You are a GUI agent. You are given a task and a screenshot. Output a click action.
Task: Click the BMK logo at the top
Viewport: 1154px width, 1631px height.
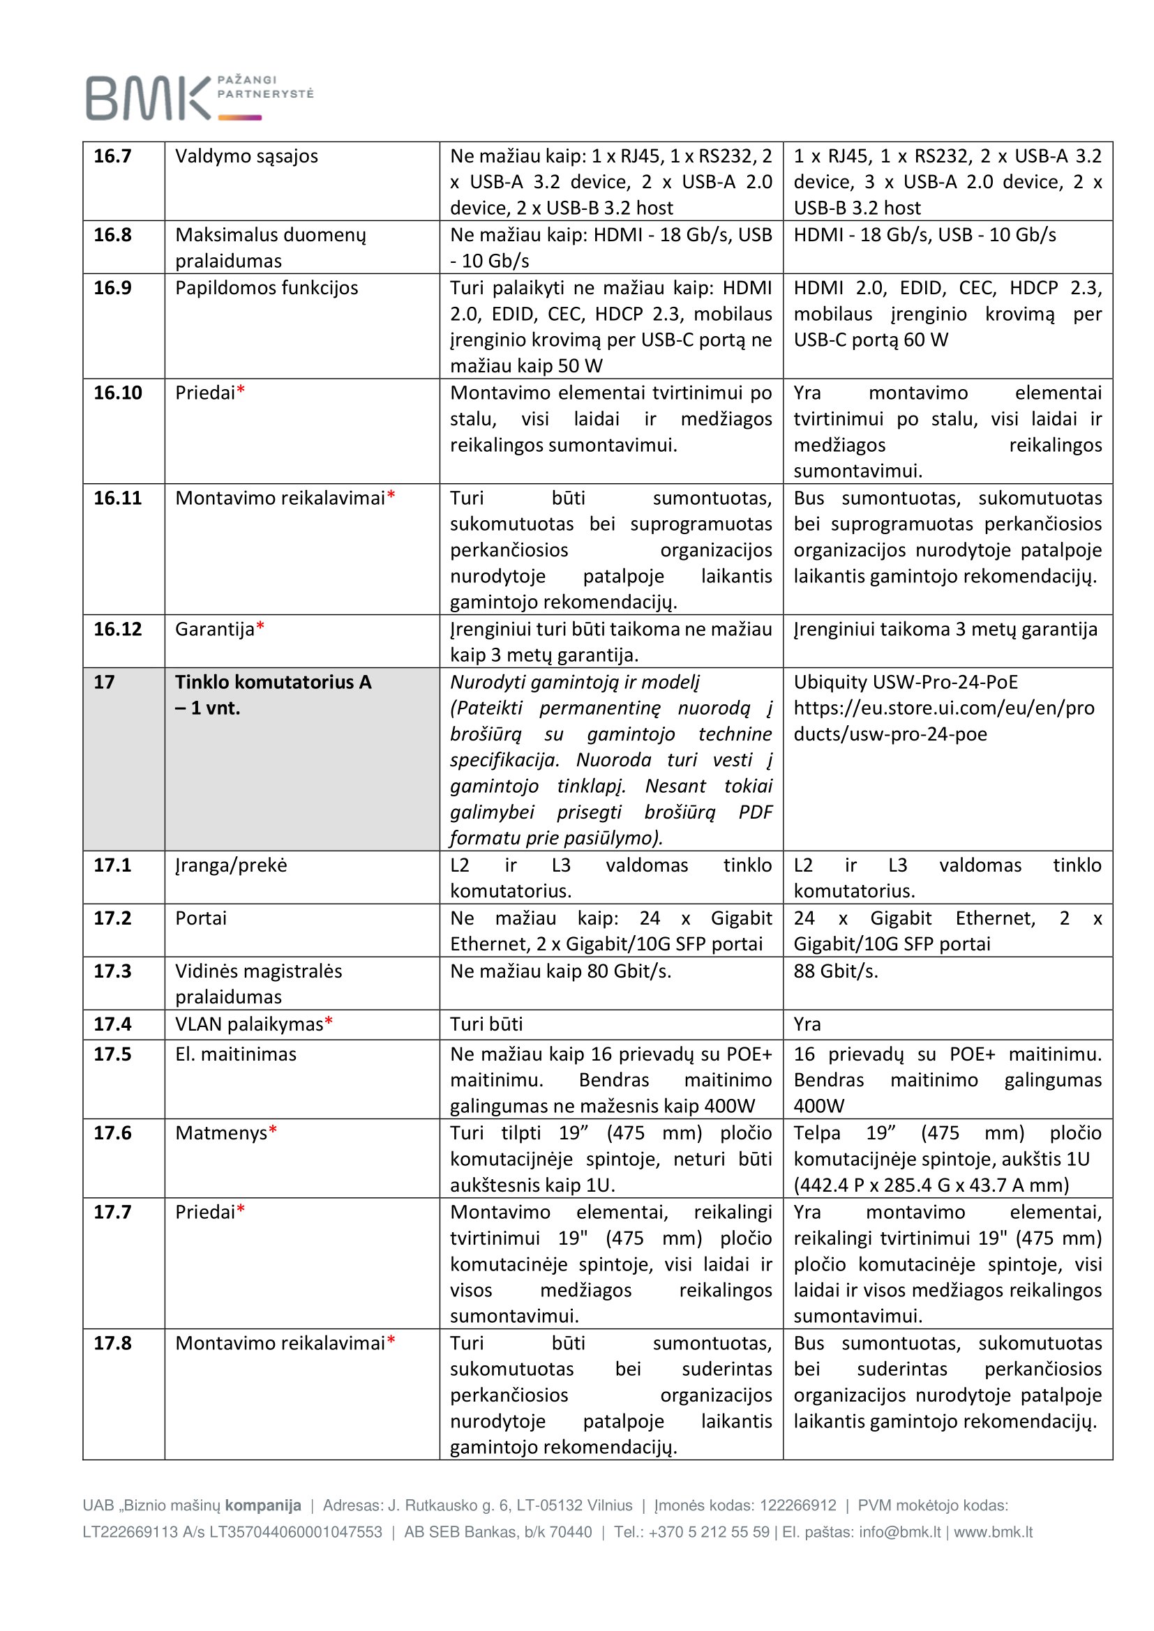click(199, 98)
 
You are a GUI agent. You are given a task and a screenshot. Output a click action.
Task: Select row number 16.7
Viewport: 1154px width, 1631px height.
click(112, 155)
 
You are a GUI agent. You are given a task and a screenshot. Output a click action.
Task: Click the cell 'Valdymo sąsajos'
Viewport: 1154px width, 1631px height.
click(246, 155)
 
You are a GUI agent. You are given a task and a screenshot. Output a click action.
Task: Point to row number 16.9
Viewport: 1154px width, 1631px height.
click(112, 288)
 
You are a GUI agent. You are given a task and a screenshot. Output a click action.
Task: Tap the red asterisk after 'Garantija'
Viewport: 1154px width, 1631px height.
click(260, 628)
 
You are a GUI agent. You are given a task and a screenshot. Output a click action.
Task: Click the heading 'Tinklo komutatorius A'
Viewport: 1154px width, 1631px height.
click(273, 682)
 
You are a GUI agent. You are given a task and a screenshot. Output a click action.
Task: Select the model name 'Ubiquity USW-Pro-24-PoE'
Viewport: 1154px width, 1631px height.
click(906, 682)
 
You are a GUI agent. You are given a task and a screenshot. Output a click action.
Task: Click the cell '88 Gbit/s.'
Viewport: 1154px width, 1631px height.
click(836, 971)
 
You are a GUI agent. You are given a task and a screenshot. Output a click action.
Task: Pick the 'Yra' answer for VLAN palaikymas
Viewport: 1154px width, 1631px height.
click(807, 1024)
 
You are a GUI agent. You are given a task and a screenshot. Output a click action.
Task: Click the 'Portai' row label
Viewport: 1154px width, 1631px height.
click(201, 918)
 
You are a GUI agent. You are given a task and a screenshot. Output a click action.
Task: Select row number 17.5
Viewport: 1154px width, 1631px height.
click(112, 1054)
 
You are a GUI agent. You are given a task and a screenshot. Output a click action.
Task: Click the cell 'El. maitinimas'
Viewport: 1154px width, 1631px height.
click(236, 1054)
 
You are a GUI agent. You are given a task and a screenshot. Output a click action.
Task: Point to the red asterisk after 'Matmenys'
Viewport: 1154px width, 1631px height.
click(273, 1132)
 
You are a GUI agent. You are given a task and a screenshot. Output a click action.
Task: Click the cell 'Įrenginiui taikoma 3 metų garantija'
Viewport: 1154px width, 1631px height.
click(945, 629)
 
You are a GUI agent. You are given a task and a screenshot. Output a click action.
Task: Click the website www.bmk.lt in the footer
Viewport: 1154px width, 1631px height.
click(993, 1531)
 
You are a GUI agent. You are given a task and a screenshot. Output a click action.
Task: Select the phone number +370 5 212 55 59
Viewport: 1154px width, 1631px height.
click(708, 1531)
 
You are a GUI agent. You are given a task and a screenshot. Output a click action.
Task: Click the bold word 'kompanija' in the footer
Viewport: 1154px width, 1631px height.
click(263, 1505)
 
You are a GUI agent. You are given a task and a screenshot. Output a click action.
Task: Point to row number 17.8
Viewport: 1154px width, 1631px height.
click(112, 1342)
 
